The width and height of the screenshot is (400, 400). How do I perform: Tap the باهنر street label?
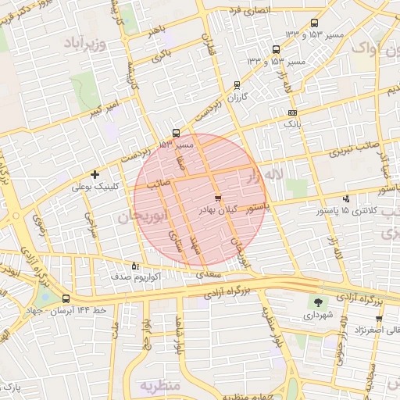156,30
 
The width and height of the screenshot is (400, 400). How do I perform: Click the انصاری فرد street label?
249,10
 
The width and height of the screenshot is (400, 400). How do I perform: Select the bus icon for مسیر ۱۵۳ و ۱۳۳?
314,23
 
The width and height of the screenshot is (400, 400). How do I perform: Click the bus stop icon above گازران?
237,86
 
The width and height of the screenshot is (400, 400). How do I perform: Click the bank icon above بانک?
291,112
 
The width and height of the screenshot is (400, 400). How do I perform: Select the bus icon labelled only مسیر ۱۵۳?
176,133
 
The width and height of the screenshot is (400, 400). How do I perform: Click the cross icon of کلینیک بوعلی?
95,174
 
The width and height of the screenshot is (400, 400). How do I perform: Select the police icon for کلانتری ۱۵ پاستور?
347,198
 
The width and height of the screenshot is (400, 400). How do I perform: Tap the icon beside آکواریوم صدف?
135,266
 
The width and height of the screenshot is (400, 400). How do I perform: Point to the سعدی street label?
210,275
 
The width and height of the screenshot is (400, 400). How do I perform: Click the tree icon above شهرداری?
318,302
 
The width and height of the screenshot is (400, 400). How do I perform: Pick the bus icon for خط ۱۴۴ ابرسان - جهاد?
65,298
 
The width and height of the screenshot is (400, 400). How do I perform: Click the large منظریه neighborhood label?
160,386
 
